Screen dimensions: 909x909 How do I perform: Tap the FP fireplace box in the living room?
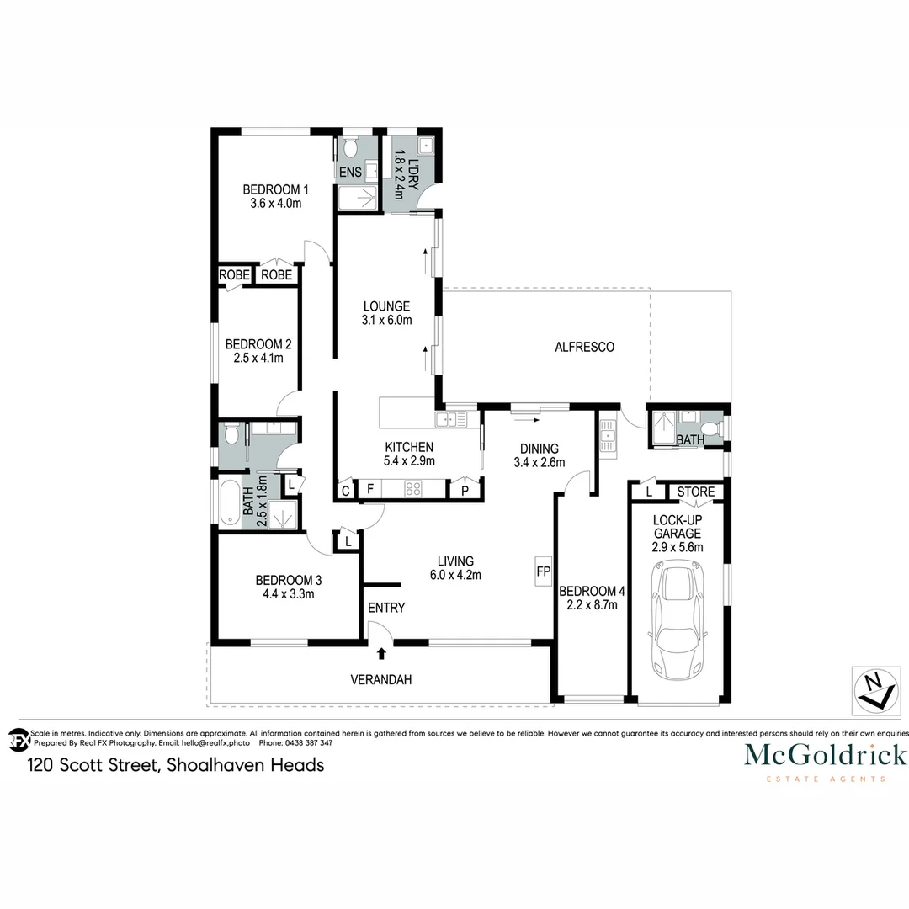pos(543,572)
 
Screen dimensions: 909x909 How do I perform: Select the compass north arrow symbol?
pos(874,689)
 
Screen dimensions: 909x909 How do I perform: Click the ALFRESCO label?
pos(585,347)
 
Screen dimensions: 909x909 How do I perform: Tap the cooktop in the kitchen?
pos(413,488)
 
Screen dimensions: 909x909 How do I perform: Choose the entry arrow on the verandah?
pos(382,652)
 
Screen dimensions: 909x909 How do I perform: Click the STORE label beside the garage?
pos(696,492)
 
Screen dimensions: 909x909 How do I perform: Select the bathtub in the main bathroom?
pos(229,504)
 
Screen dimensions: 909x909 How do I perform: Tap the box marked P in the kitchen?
pos(464,490)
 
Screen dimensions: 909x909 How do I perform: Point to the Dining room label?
pos(540,449)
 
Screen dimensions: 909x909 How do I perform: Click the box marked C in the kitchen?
pos(345,490)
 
